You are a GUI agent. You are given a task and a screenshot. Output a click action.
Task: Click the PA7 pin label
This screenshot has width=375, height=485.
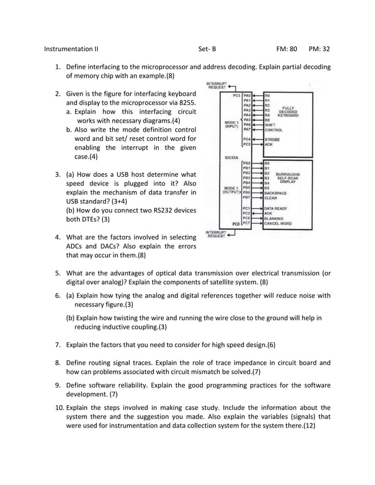coord(247,129)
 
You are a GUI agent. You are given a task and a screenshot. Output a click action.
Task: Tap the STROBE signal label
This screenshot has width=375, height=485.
coord(272,139)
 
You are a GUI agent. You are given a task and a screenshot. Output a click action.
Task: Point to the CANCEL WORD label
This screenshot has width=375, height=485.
coord(277,223)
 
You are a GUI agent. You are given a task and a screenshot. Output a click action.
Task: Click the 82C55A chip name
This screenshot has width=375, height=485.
coord(230,157)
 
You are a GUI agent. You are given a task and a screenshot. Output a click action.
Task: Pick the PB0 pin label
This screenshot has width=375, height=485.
coord(247,163)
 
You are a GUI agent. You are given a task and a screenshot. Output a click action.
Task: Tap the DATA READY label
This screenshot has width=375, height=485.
coord(276,208)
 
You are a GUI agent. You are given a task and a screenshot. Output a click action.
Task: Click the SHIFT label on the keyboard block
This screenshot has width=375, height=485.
coord(269,124)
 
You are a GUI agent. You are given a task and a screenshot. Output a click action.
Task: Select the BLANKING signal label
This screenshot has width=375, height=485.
coord(274,218)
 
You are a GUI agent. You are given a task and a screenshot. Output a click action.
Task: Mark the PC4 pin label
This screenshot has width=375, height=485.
coord(247,139)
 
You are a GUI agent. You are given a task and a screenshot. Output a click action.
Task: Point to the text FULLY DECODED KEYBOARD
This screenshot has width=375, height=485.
coord(288,112)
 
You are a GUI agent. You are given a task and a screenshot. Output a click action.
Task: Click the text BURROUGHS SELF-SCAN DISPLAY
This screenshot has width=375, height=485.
coord(288,178)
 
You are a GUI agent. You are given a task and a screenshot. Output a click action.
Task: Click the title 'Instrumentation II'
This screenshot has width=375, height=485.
coord(71,49)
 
